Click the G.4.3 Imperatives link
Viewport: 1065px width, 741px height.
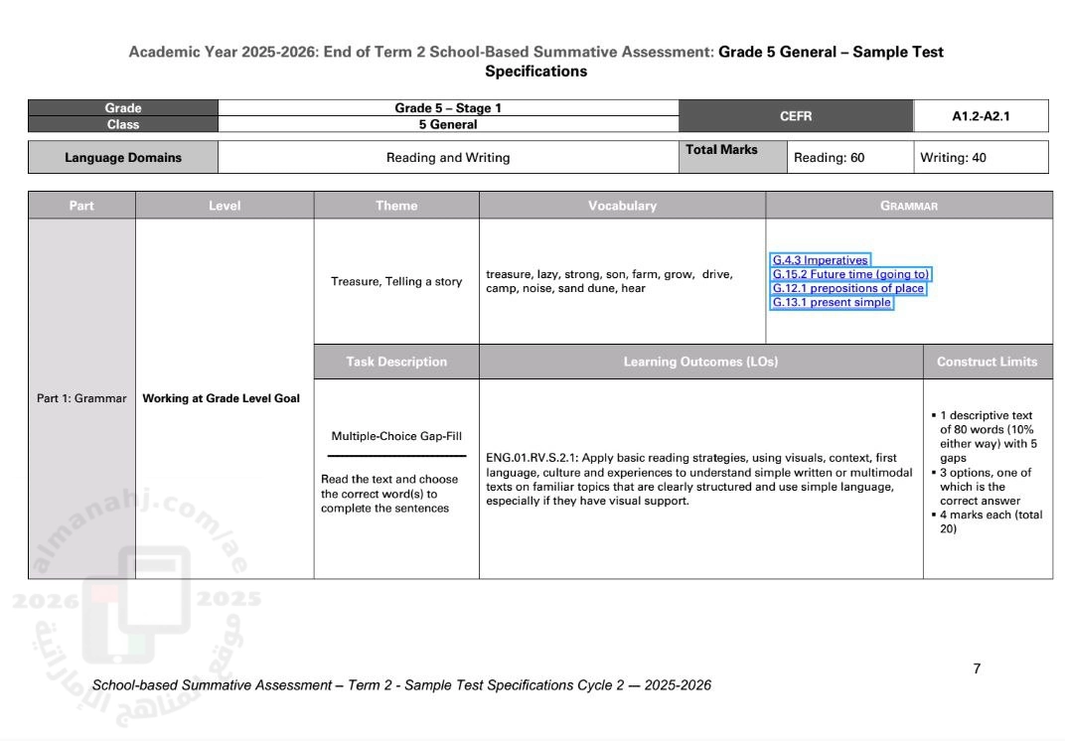[821, 260]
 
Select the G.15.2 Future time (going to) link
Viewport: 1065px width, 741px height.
[851, 274]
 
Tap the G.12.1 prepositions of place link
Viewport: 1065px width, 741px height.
[848, 288]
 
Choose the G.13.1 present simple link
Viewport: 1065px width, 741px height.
[833, 302]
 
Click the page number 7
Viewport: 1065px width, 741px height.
[977, 668]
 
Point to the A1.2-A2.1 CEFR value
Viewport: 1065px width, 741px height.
[981, 116]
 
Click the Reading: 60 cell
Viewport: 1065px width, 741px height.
[830, 157]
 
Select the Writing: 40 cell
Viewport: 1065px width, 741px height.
[954, 157]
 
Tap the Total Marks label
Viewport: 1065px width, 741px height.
[721, 150]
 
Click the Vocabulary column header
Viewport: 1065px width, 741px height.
[622, 206]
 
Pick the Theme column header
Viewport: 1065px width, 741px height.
[396, 206]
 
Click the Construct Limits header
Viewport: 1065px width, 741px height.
[987, 362]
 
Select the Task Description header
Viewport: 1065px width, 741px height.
[396, 362]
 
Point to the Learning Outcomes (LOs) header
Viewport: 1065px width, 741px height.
[700, 362]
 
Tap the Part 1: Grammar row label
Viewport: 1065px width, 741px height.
[81, 398]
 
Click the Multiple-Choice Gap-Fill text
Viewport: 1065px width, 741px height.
[396, 435]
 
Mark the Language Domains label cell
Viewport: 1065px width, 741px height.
[123, 157]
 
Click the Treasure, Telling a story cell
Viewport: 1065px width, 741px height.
[396, 281]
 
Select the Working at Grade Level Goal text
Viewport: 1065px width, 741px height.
[222, 398]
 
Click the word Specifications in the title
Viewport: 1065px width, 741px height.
[535, 72]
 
